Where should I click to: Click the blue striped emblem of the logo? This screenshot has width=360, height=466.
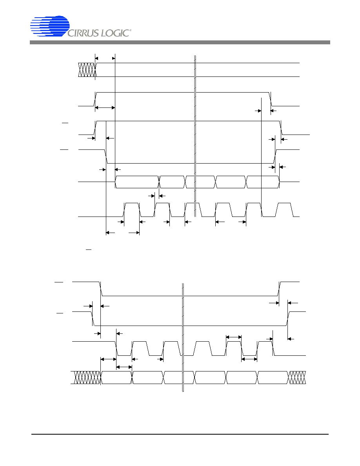point(50,26)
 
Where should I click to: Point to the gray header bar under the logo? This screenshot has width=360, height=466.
point(180,42)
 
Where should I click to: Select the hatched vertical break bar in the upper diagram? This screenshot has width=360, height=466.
point(195,136)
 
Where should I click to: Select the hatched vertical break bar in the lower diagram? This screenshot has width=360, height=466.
point(183,337)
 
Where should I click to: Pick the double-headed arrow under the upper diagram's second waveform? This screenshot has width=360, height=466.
point(105,107)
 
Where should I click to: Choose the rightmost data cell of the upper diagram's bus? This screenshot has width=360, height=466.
point(263,182)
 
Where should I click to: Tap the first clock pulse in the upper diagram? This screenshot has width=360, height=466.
point(132,210)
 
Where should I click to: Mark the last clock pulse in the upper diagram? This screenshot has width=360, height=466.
point(284,210)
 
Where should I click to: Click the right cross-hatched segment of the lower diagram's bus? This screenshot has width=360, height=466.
point(297,377)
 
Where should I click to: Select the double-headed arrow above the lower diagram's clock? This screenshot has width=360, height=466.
point(234,337)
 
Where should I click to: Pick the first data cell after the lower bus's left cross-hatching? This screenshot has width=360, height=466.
point(116,377)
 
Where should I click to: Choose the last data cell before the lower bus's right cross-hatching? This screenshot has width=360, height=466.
point(273,377)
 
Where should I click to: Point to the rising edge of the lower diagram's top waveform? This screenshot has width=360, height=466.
point(279,289)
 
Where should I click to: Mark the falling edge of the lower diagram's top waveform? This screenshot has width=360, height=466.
point(101,289)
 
